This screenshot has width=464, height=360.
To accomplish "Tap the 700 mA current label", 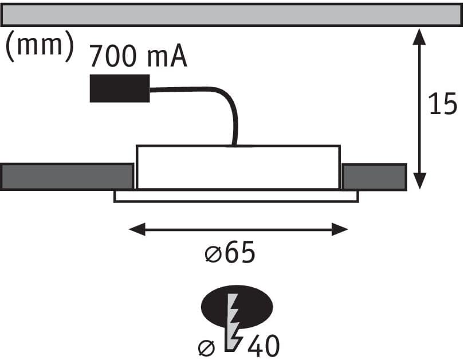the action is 138,56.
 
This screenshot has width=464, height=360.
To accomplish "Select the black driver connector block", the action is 120,88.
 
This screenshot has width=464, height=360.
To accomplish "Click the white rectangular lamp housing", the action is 238,167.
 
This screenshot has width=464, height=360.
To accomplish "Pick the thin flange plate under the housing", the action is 236,197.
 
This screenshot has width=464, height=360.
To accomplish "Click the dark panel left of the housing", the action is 67,177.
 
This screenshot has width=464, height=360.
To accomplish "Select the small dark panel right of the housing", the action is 374,177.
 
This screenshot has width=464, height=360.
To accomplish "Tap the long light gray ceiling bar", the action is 231,15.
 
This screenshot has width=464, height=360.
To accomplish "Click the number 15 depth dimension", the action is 442,104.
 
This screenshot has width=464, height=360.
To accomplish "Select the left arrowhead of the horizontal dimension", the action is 137,229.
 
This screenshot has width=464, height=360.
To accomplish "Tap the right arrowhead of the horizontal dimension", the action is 340,229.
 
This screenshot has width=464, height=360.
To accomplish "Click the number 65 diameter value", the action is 239,252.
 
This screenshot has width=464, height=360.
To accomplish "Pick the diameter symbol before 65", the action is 213,255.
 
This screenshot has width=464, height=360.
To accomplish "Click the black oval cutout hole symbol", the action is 237,307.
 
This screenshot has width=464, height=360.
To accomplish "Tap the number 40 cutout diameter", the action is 264,346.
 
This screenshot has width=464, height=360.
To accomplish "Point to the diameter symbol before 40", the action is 206,348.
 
